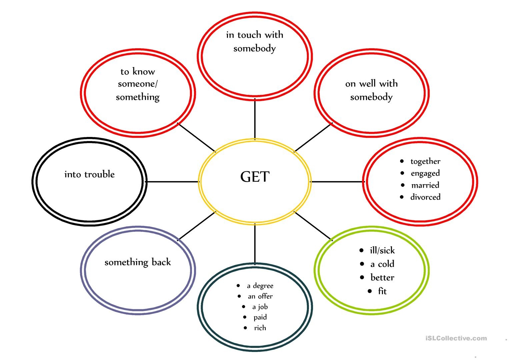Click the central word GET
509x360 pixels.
click(255, 177)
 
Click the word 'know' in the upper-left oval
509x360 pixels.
click(144, 71)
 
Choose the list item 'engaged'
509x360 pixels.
click(425, 173)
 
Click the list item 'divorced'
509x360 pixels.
click(425, 197)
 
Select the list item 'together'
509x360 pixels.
click(425, 161)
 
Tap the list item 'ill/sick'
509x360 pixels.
click(382, 250)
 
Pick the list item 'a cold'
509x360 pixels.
click(382, 264)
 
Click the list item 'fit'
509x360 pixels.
click(382, 291)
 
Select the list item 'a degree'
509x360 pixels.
click(260, 286)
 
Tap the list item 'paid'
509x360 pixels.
click(260, 317)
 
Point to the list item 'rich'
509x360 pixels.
click(260, 328)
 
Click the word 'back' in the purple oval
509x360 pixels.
click(161, 262)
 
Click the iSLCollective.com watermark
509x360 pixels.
click(456, 338)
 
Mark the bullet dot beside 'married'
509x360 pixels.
click(403, 185)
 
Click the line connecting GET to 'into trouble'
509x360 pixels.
click(172, 182)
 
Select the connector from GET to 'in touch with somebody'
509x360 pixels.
click(255, 119)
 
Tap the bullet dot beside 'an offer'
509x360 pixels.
click(239, 296)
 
